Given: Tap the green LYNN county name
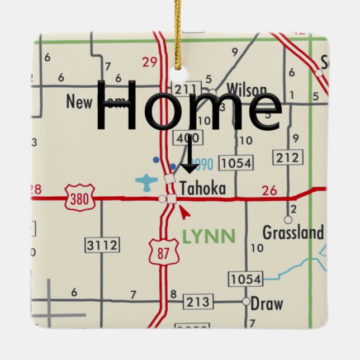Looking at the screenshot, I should click(208, 236).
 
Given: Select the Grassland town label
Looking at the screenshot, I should click(293, 232).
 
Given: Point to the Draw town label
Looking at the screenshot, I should click(267, 304).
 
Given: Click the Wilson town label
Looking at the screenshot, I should click(246, 89).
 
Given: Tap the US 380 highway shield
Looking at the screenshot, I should click(80, 198).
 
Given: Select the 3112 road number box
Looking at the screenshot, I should click(102, 244).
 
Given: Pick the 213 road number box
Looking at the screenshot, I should click(197, 302).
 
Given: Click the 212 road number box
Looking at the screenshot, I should click(287, 158).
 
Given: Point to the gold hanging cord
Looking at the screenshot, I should click(178, 34).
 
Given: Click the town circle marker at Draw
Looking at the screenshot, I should click(246, 301).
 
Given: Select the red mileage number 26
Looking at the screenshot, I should click(269, 191).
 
